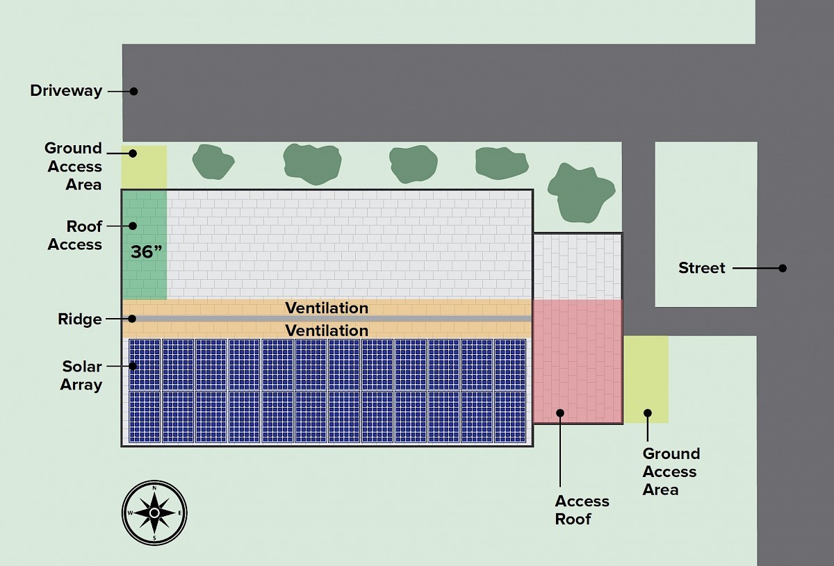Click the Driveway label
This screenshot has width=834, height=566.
click(66, 91)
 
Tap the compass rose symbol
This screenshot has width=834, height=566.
click(154, 513)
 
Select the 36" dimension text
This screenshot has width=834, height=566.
click(146, 252)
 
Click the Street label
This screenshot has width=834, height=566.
click(702, 268)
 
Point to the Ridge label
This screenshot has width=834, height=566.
click(80, 319)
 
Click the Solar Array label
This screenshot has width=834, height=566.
click(81, 376)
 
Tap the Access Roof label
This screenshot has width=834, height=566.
click(582, 510)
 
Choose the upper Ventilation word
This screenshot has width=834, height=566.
click(327, 308)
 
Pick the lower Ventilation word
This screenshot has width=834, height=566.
click(327, 331)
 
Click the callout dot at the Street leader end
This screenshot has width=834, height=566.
click(783, 268)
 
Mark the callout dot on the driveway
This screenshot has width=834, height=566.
click(134, 91)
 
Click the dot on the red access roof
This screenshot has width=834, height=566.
click(560, 413)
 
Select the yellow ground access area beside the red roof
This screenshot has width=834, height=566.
click(646, 378)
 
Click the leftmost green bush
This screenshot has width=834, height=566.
click(213, 162)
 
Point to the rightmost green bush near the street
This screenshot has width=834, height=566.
click(581, 190)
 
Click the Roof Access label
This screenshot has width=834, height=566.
click(75, 235)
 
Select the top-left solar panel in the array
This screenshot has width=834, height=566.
click(145, 365)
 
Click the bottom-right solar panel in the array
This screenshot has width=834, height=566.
click(509, 417)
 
